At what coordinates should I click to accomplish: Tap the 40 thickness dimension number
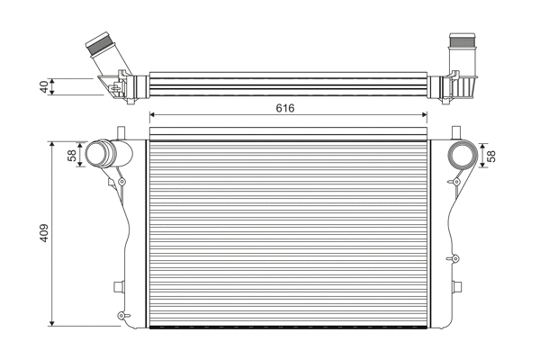(x=42, y=86)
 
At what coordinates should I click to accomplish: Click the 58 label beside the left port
(x=72, y=155)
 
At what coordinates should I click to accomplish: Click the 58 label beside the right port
(x=491, y=155)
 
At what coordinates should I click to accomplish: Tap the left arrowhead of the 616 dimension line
(x=152, y=114)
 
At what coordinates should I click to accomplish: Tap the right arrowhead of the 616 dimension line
(x=424, y=114)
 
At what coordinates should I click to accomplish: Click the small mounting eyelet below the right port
(x=455, y=183)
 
